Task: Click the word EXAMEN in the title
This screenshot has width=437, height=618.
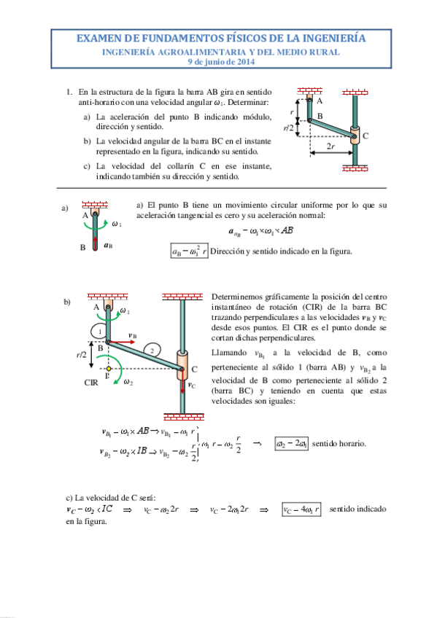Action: click(99, 39)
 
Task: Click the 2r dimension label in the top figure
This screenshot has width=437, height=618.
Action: click(330, 146)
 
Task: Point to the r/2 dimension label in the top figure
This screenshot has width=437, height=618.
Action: click(289, 128)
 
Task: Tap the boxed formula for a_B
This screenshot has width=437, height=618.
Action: click(189, 252)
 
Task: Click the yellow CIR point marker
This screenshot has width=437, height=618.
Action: click(107, 369)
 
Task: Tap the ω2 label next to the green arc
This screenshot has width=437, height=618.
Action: click(128, 381)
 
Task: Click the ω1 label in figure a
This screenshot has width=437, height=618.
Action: click(116, 224)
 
